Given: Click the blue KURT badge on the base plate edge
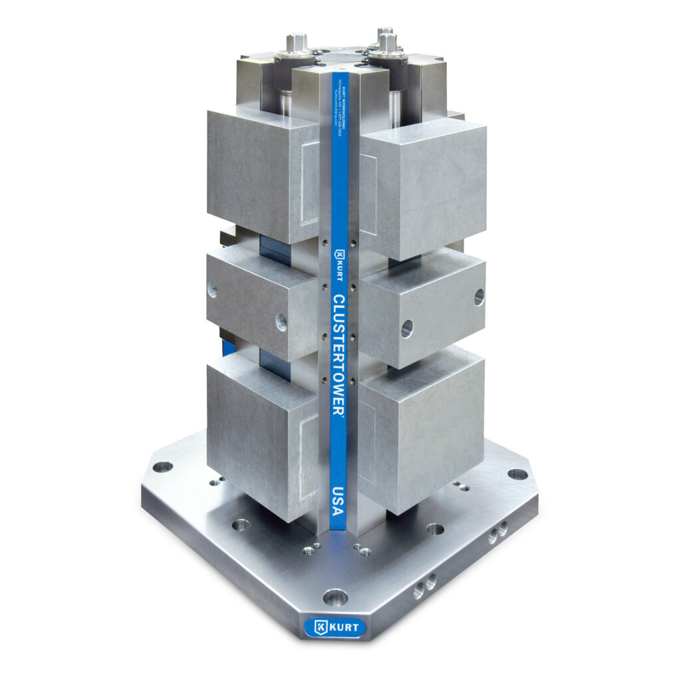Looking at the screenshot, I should pyautogui.click(x=335, y=626).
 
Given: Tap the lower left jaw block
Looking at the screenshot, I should pyautogui.click(x=263, y=436).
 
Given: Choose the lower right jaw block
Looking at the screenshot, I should pyautogui.click(x=419, y=429).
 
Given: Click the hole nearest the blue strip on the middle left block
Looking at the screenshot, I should pyautogui.click(x=281, y=323).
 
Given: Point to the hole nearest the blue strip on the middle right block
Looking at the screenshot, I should pyautogui.click(x=406, y=328).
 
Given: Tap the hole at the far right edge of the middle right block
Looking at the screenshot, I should pyautogui.click(x=479, y=297).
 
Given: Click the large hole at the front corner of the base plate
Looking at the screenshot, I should pyautogui.click(x=335, y=597).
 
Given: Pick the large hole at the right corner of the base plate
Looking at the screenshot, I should pyautogui.click(x=517, y=474).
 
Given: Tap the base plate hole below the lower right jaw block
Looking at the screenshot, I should pyautogui.click(x=435, y=529).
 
